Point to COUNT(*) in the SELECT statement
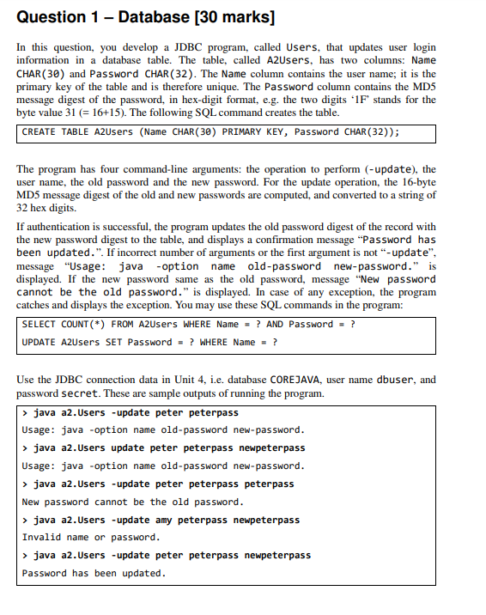pos(83,324)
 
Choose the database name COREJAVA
pos(302,379)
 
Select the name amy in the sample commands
pos(163,520)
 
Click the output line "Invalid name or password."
pos(91,537)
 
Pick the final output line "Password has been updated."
pos(94,573)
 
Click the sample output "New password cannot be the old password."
pos(132,502)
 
